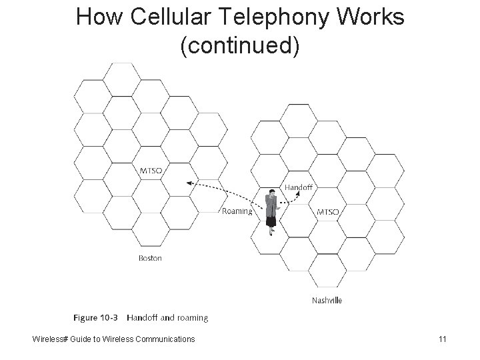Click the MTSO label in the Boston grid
pos(150,171)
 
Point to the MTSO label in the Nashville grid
pos(328,212)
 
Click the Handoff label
pos(298,187)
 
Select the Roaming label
pos(237,211)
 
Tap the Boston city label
pos(150,258)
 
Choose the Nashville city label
pos(327,301)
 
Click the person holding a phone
pos(271,213)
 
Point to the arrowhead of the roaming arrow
pos(189,181)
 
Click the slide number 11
pos(442,339)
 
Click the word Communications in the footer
pos(165,339)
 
